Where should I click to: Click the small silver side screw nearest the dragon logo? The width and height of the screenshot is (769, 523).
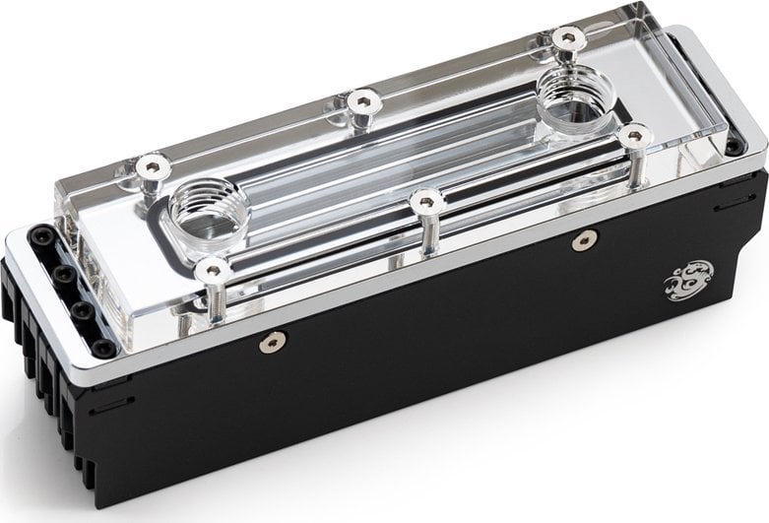[x=587, y=238]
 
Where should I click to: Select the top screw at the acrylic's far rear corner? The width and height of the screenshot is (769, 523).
[x=564, y=37]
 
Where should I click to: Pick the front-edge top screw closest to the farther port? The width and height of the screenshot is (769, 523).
[x=634, y=132]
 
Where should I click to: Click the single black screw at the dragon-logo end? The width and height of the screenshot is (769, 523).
[x=733, y=148]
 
